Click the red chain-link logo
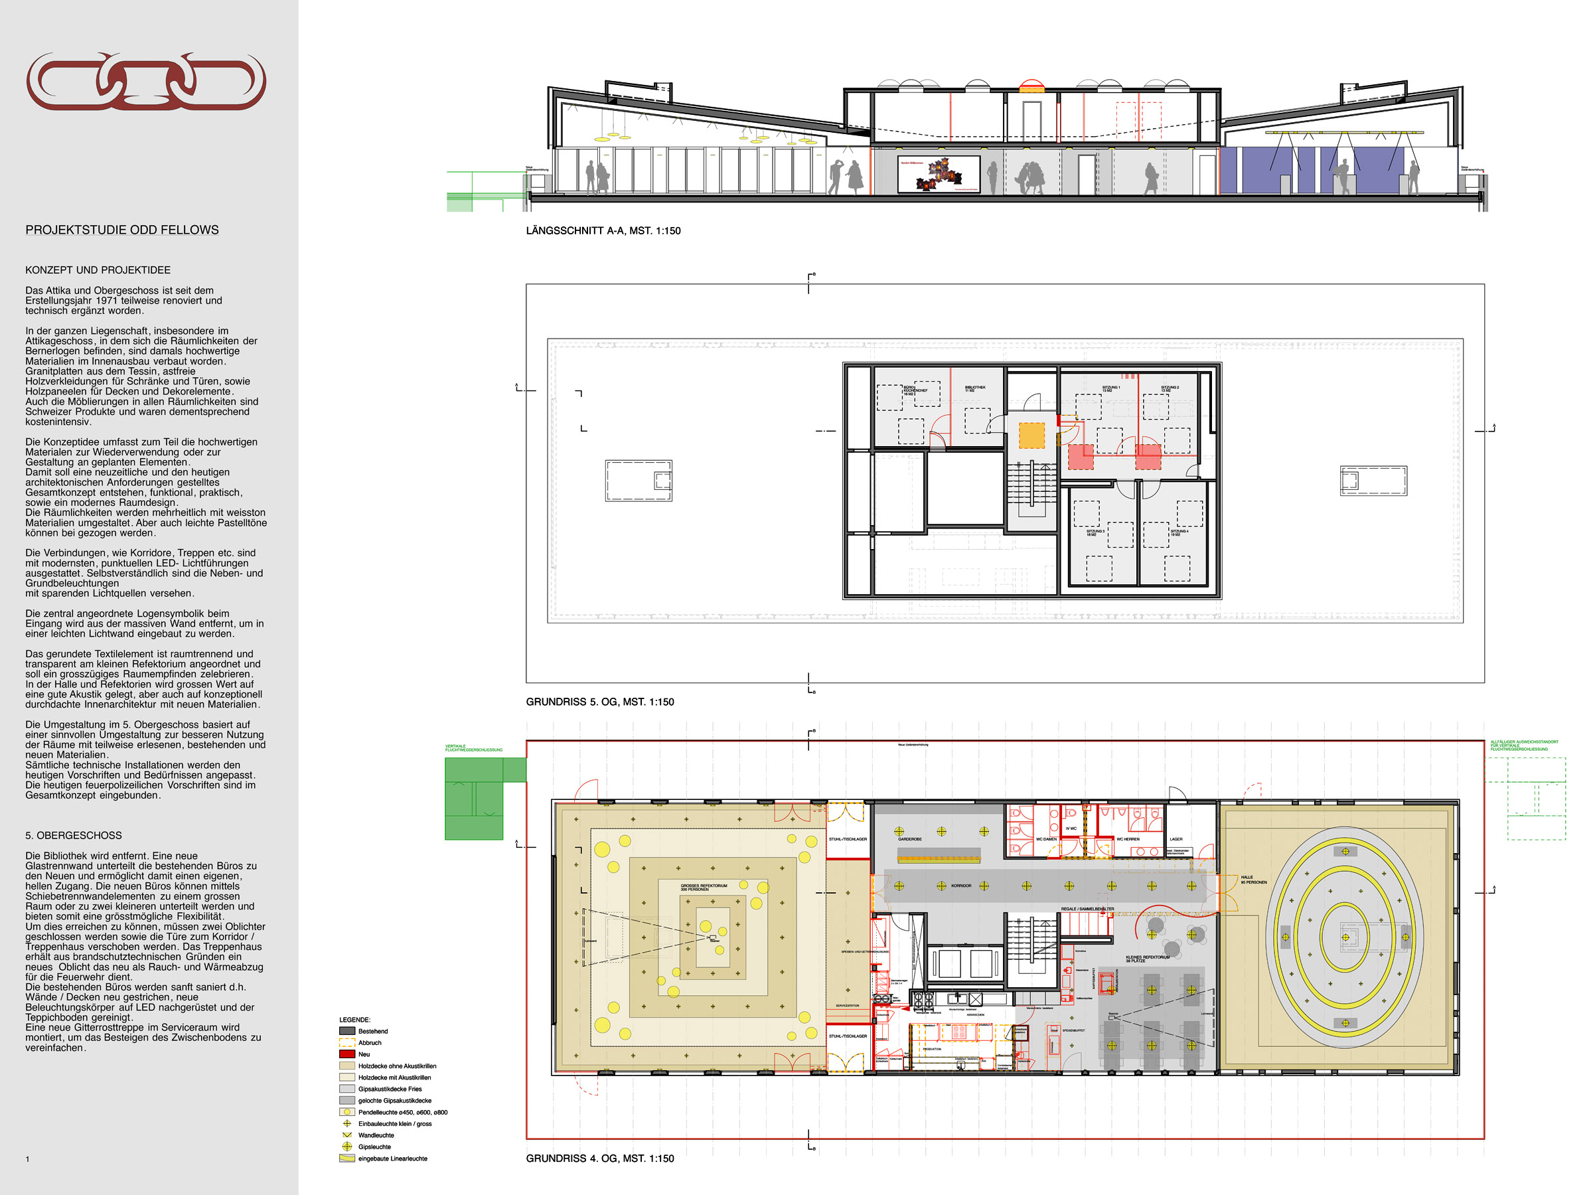[x=146, y=81]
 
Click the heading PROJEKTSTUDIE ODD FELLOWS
[x=121, y=230]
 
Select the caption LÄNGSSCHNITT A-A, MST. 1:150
[x=603, y=230]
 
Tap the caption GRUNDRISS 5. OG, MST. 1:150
[x=599, y=702]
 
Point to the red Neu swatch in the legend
[x=347, y=1054]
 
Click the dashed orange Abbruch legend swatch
[x=347, y=1042]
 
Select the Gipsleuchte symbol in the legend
[x=347, y=1146]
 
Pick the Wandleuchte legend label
[x=376, y=1135]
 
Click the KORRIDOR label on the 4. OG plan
[x=960, y=885]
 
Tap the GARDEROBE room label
[x=909, y=839]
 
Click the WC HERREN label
[x=1128, y=839]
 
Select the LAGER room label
[x=1176, y=839]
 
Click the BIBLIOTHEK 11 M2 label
[x=974, y=388]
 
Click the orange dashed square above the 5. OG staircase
[x=1031, y=435]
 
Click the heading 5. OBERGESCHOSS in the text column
[x=74, y=836]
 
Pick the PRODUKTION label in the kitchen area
[x=932, y=1050]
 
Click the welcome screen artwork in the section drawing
[x=939, y=173]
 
